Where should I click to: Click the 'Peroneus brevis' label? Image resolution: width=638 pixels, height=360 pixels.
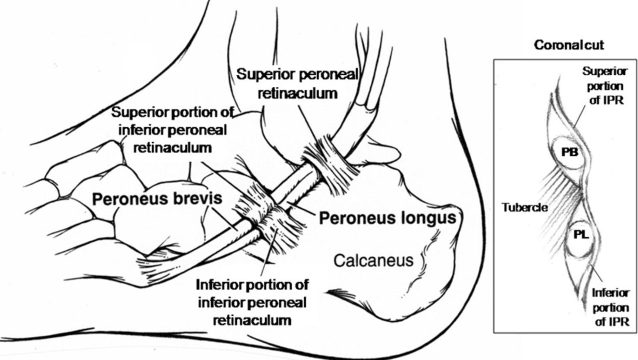click(x=157, y=198)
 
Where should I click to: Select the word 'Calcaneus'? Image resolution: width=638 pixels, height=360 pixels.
click(x=373, y=260)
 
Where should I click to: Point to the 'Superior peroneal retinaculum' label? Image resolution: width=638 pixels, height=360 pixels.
click(x=298, y=83)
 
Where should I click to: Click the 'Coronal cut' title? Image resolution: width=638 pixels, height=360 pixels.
click(x=569, y=45)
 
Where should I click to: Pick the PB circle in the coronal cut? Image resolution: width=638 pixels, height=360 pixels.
click(x=569, y=152)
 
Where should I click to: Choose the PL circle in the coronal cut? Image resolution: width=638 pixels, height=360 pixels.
click(x=581, y=235)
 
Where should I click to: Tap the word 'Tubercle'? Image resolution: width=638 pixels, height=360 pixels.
click(x=524, y=208)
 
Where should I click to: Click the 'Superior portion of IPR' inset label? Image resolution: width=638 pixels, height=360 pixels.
click(x=605, y=86)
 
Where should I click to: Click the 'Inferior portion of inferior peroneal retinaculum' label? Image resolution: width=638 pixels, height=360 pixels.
click(x=252, y=302)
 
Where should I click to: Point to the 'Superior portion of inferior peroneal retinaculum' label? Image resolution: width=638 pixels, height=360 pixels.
click(x=172, y=130)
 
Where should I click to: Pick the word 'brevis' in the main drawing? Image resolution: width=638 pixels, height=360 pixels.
click(x=195, y=198)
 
